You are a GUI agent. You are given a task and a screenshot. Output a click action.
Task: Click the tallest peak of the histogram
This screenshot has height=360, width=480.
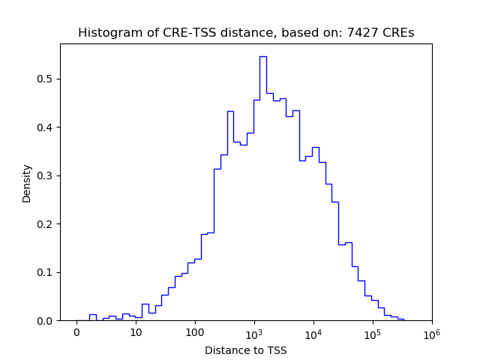tap(263, 57)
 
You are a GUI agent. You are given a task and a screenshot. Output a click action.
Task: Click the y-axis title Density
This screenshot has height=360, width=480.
tap(27, 183)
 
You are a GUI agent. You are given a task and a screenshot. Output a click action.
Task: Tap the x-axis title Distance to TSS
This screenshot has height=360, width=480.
tap(246, 350)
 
